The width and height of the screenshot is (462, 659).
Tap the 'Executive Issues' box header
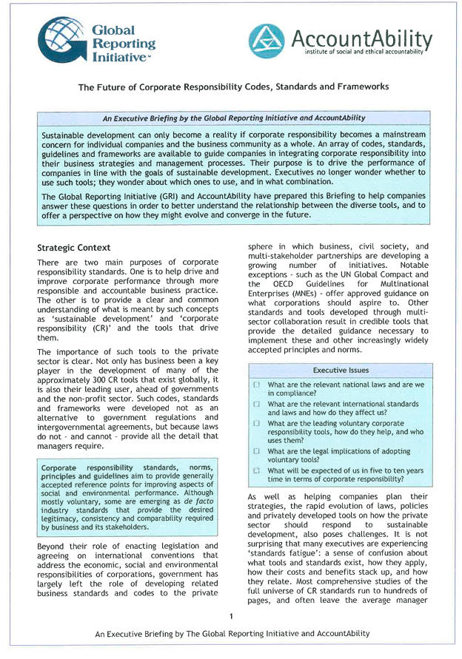pos(341,370)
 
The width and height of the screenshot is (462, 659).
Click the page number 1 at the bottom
pos(232,616)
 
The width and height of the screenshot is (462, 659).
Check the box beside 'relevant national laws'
pos(256,385)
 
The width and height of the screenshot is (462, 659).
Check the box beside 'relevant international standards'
pos(256,405)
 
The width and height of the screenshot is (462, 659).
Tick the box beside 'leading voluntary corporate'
pos(256,423)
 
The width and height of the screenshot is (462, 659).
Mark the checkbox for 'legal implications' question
pos(256,451)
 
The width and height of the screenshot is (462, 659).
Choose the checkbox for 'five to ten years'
pos(256,470)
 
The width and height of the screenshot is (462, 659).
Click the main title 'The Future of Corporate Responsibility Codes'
pos(233,87)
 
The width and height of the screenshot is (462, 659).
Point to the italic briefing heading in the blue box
pos(233,118)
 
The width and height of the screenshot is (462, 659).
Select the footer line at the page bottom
pos(232,635)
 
